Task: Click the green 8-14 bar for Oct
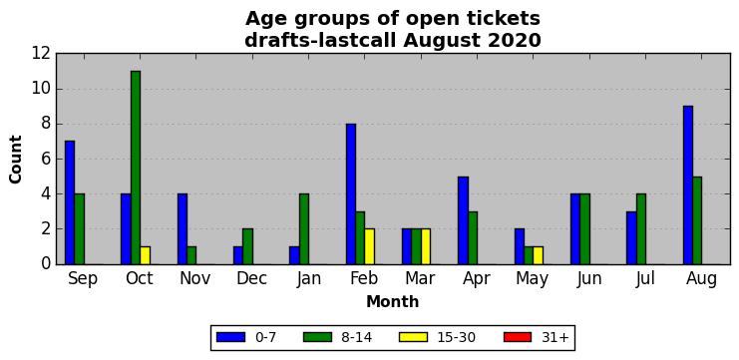click(x=136, y=168)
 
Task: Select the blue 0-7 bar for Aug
click(x=687, y=185)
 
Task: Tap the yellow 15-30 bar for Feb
click(x=369, y=246)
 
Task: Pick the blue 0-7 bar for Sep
click(x=70, y=202)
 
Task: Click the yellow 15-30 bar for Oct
click(x=146, y=255)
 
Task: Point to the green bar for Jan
click(x=304, y=229)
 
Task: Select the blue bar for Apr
click(x=464, y=220)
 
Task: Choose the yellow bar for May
click(x=539, y=255)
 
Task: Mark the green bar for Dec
click(x=248, y=246)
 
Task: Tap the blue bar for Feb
click(x=351, y=194)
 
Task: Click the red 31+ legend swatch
click(x=517, y=337)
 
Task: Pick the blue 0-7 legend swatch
click(x=230, y=337)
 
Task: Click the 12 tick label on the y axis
click(x=41, y=54)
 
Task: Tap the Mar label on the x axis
click(x=420, y=278)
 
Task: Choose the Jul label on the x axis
click(x=645, y=278)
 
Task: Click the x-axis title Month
click(x=393, y=301)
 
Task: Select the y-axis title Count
click(x=16, y=159)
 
